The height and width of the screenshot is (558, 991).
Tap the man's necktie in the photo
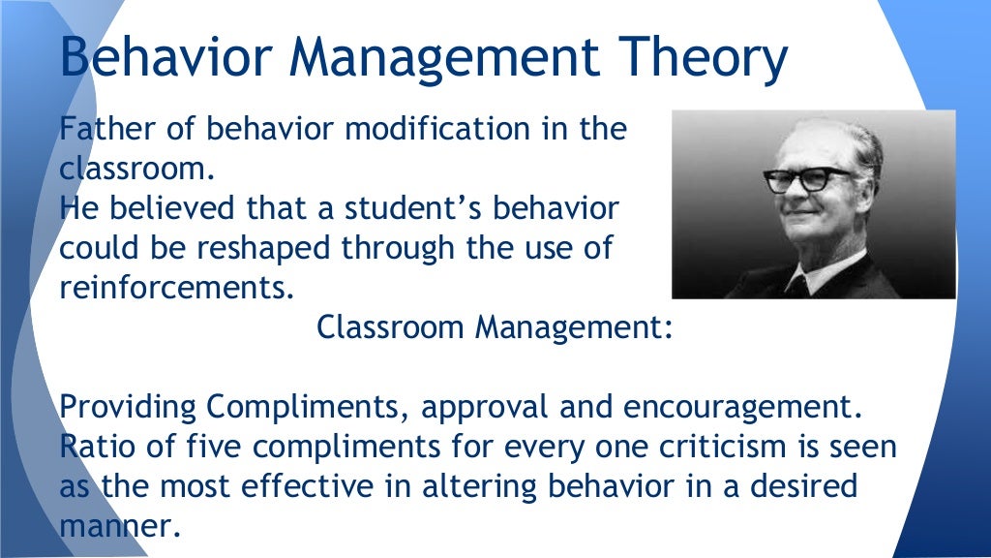point(798,285)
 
